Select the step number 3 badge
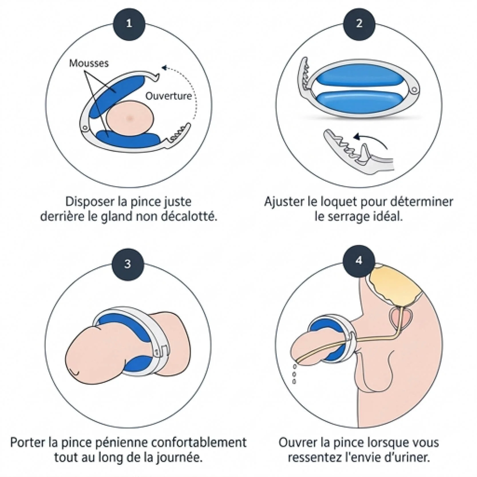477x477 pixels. (x=128, y=264)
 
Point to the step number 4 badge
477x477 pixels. (x=359, y=261)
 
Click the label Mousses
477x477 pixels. (x=89, y=63)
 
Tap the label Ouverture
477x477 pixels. (x=169, y=96)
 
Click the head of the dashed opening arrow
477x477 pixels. (x=164, y=68)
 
